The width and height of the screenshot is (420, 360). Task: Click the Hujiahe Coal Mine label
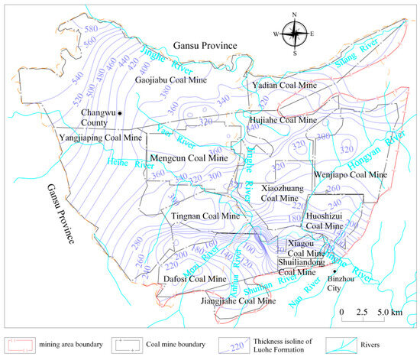[x=283, y=120]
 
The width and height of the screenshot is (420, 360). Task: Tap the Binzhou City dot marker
[x=334, y=270]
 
